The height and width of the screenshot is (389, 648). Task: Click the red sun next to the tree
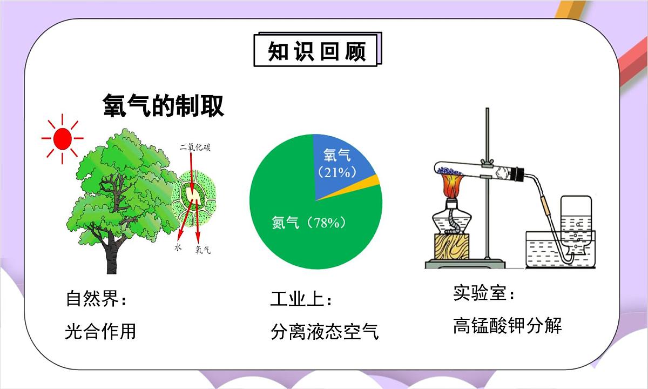click(62, 139)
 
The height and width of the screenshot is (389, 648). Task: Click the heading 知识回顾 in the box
click(317, 51)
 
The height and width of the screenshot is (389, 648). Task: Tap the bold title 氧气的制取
click(163, 106)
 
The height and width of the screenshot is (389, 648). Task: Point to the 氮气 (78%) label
click(308, 223)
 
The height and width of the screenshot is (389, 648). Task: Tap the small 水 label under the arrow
click(178, 247)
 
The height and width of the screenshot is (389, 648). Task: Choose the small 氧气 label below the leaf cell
click(203, 250)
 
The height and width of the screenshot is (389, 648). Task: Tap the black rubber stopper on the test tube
click(518, 174)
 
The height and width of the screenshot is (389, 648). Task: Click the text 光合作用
click(100, 331)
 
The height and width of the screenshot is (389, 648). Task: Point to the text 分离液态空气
click(325, 332)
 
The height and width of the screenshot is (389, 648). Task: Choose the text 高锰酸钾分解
click(508, 326)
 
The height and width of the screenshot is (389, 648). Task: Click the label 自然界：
click(96, 299)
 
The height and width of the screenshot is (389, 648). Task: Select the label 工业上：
click(302, 299)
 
